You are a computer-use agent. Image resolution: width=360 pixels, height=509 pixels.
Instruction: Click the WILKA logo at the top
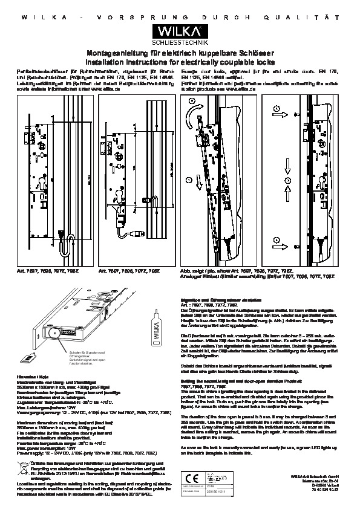click(x=180, y=30)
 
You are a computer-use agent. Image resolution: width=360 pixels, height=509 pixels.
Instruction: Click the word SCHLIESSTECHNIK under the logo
click(x=180, y=43)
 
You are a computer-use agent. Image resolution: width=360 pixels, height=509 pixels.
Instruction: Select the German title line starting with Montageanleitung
click(x=180, y=54)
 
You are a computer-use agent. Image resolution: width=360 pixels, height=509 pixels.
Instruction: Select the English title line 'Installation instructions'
click(x=180, y=62)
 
